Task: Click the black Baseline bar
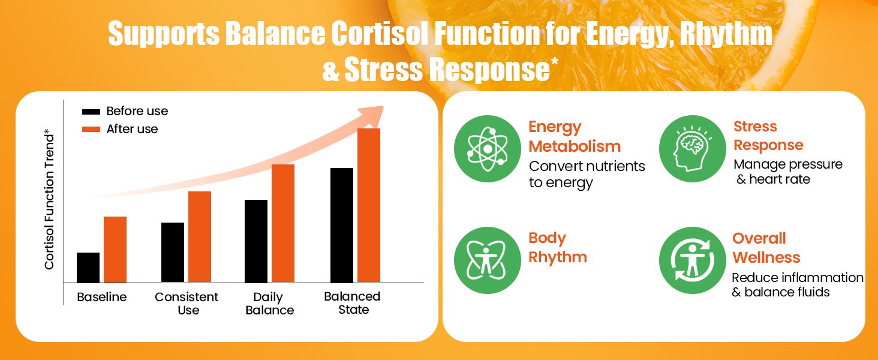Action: (x=88, y=268)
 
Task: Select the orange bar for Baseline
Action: (x=115, y=250)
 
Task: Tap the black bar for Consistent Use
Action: (x=173, y=253)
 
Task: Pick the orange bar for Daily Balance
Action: (x=283, y=223)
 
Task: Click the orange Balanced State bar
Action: (x=369, y=205)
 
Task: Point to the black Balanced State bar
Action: (x=342, y=225)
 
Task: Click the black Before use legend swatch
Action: (x=91, y=112)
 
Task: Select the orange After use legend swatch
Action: (x=91, y=130)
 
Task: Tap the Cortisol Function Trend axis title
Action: (x=49, y=199)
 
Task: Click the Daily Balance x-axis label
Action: (x=270, y=304)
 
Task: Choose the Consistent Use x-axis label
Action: (x=187, y=304)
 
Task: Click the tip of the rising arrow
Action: (x=383, y=107)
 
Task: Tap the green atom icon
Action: (x=487, y=149)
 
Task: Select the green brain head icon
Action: (x=693, y=149)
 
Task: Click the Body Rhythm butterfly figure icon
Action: (x=487, y=260)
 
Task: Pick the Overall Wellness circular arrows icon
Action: (x=693, y=260)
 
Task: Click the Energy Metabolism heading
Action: (x=575, y=136)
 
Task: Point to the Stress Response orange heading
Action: (x=768, y=136)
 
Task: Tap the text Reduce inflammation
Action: (x=798, y=278)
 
